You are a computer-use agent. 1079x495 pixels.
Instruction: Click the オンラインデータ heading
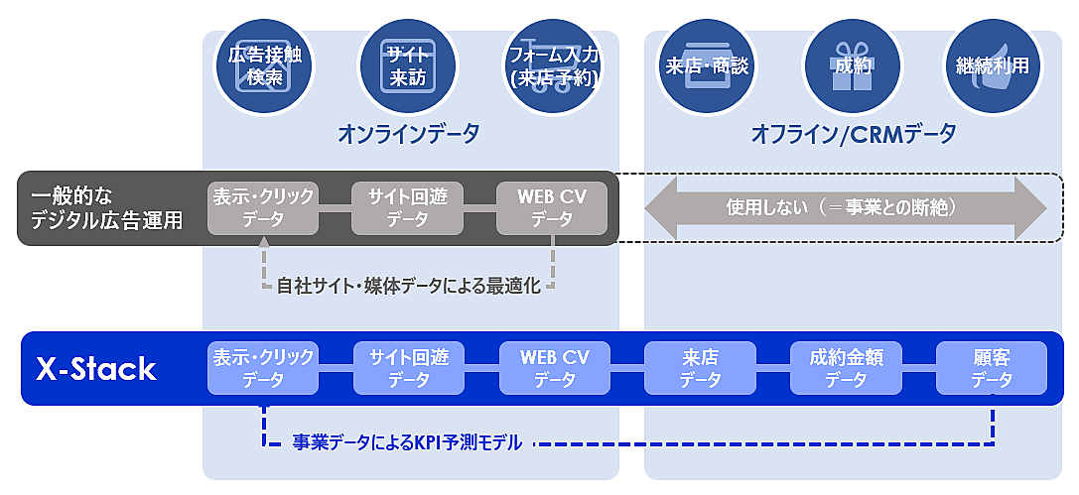pyautogui.click(x=408, y=133)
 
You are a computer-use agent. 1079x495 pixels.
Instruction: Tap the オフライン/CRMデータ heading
pyautogui.click(x=853, y=133)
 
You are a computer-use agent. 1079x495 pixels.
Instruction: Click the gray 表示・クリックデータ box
pyautogui.click(x=263, y=208)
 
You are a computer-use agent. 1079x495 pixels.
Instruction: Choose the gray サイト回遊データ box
pyautogui.click(x=408, y=208)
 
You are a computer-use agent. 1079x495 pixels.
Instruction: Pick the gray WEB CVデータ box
pyautogui.click(x=552, y=208)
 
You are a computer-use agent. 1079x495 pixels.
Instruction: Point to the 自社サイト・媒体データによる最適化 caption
pyautogui.click(x=408, y=287)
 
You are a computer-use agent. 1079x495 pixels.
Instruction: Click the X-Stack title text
pyautogui.click(x=96, y=369)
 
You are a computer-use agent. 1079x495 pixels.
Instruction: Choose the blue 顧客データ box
pyautogui.click(x=992, y=368)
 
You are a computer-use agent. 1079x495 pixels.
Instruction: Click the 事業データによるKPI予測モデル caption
pyautogui.click(x=407, y=443)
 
